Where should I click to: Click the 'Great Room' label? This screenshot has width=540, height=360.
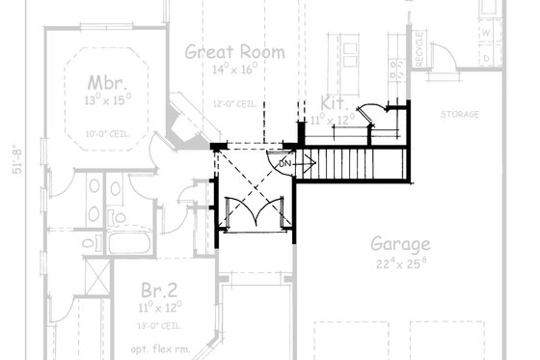click(235, 52)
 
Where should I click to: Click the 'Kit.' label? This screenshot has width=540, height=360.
click(334, 102)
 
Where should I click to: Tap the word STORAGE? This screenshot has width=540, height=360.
click(460, 115)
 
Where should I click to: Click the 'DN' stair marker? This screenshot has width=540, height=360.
click(284, 164)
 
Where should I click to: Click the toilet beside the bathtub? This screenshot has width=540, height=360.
click(88, 244)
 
